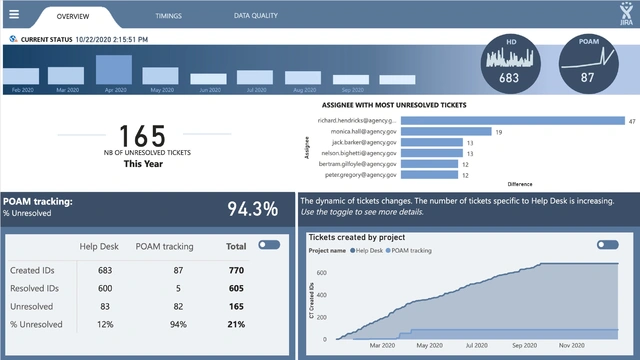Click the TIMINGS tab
point(169,17)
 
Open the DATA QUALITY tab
point(256,17)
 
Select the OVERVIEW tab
point(72,17)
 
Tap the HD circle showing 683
point(510,64)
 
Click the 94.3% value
point(252,208)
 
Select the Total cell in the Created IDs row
point(236,270)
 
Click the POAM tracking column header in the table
point(164,245)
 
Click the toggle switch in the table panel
point(269,244)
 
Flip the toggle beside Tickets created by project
point(607,244)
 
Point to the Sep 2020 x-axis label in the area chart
point(524,345)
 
